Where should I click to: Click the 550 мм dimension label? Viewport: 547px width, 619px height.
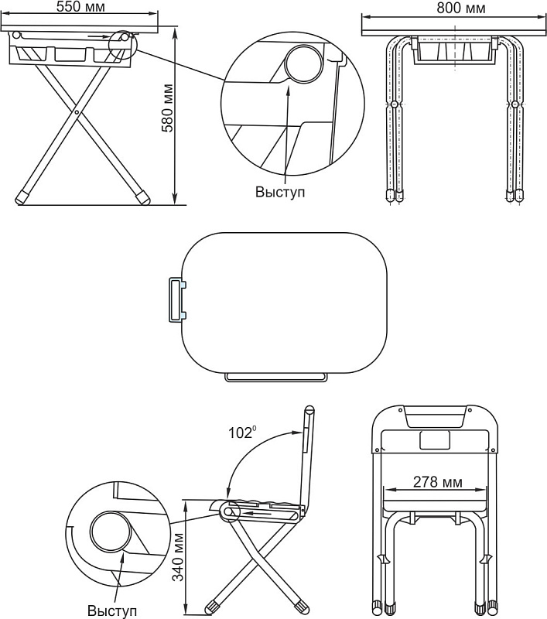80,7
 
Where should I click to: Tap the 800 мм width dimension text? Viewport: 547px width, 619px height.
460,8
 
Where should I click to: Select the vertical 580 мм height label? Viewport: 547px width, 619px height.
168,108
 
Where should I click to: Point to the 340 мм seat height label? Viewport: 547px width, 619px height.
179,557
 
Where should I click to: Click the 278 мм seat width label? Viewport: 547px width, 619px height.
437,481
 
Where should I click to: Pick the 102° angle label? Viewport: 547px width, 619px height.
241,433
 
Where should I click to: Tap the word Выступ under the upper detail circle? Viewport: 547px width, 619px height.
280,192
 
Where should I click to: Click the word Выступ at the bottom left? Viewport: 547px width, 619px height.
112,610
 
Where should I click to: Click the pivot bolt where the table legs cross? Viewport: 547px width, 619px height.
76,112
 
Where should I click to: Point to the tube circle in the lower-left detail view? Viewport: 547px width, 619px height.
111,532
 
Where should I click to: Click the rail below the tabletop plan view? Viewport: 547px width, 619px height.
276,378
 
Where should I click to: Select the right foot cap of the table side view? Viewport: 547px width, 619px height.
142,198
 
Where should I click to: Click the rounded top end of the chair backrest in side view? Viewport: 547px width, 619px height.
309,409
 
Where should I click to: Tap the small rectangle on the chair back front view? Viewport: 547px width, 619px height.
435,439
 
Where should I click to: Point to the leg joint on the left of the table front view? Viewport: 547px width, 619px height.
394,104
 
